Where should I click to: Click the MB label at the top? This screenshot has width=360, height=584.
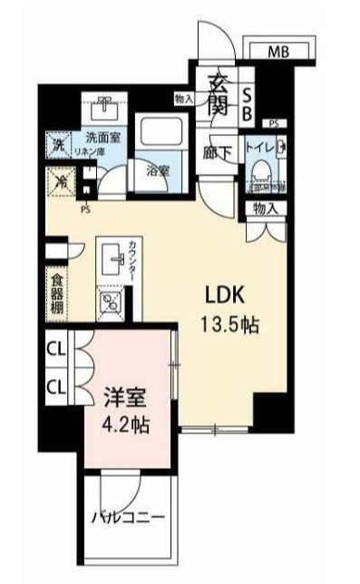coord(277,52)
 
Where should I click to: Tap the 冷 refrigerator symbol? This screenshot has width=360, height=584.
coord(55,181)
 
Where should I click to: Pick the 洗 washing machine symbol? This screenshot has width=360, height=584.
coord(56,143)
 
